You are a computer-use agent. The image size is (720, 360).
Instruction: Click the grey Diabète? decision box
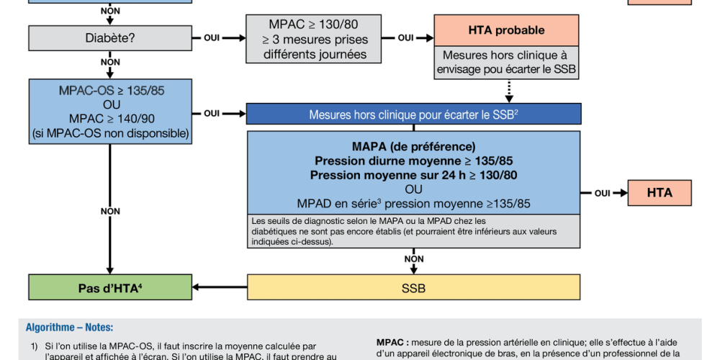[110, 37]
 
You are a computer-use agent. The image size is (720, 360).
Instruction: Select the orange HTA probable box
[506, 31]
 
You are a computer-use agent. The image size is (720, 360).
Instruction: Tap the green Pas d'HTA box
[110, 288]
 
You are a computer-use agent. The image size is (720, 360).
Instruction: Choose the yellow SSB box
[413, 288]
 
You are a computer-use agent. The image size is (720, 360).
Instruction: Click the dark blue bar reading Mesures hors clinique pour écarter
[413, 114]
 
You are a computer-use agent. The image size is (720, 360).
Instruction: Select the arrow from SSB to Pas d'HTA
[220, 288]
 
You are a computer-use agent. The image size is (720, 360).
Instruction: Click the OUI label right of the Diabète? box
[212, 37]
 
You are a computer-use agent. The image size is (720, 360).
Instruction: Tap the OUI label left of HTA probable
[405, 37]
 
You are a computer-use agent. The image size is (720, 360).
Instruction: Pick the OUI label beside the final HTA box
[602, 193]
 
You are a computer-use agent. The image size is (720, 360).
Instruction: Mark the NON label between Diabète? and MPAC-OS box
[110, 63]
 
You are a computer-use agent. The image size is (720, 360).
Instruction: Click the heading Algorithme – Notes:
[69, 327]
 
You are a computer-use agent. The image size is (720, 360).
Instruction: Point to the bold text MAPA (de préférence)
[413, 146]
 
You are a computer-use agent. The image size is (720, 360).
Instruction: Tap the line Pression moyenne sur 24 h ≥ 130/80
[413, 174]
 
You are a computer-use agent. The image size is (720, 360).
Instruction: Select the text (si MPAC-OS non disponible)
[110, 133]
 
